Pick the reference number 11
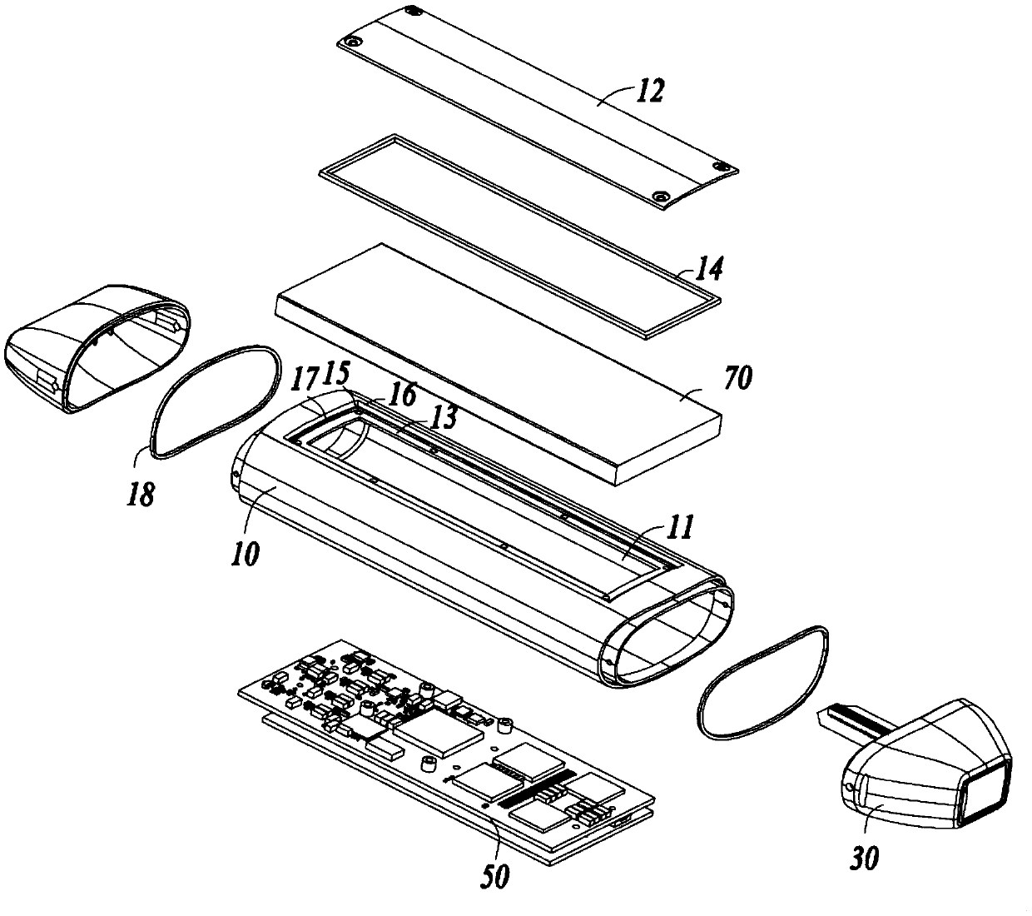[677, 525]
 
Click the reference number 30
[863, 858]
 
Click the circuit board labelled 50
[433, 749]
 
